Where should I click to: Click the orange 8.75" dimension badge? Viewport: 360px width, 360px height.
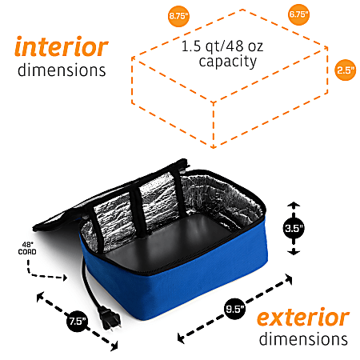[x=178, y=16]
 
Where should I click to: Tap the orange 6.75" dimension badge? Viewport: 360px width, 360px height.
[x=298, y=14]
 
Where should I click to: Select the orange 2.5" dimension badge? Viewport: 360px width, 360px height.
[x=346, y=70]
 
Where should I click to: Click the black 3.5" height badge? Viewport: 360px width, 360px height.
[x=294, y=228]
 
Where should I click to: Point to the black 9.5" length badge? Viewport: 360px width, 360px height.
[x=234, y=309]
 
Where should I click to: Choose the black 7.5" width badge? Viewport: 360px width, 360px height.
[x=78, y=321]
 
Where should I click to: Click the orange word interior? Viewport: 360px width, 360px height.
[x=62, y=46]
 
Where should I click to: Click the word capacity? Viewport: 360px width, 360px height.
[x=228, y=62]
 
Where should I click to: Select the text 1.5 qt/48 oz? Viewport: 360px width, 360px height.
[x=222, y=46]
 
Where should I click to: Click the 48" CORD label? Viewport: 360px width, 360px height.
[x=27, y=248]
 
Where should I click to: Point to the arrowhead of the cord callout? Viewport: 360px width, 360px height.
[x=65, y=278]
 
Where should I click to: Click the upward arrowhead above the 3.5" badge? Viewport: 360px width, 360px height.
[x=294, y=205]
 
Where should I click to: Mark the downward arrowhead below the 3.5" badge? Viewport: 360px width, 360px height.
[x=294, y=252]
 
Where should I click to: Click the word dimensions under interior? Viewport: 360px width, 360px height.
[x=62, y=70]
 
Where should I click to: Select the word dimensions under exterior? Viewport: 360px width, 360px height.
[x=303, y=338]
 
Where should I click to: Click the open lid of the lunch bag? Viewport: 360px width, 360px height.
[x=112, y=198]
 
